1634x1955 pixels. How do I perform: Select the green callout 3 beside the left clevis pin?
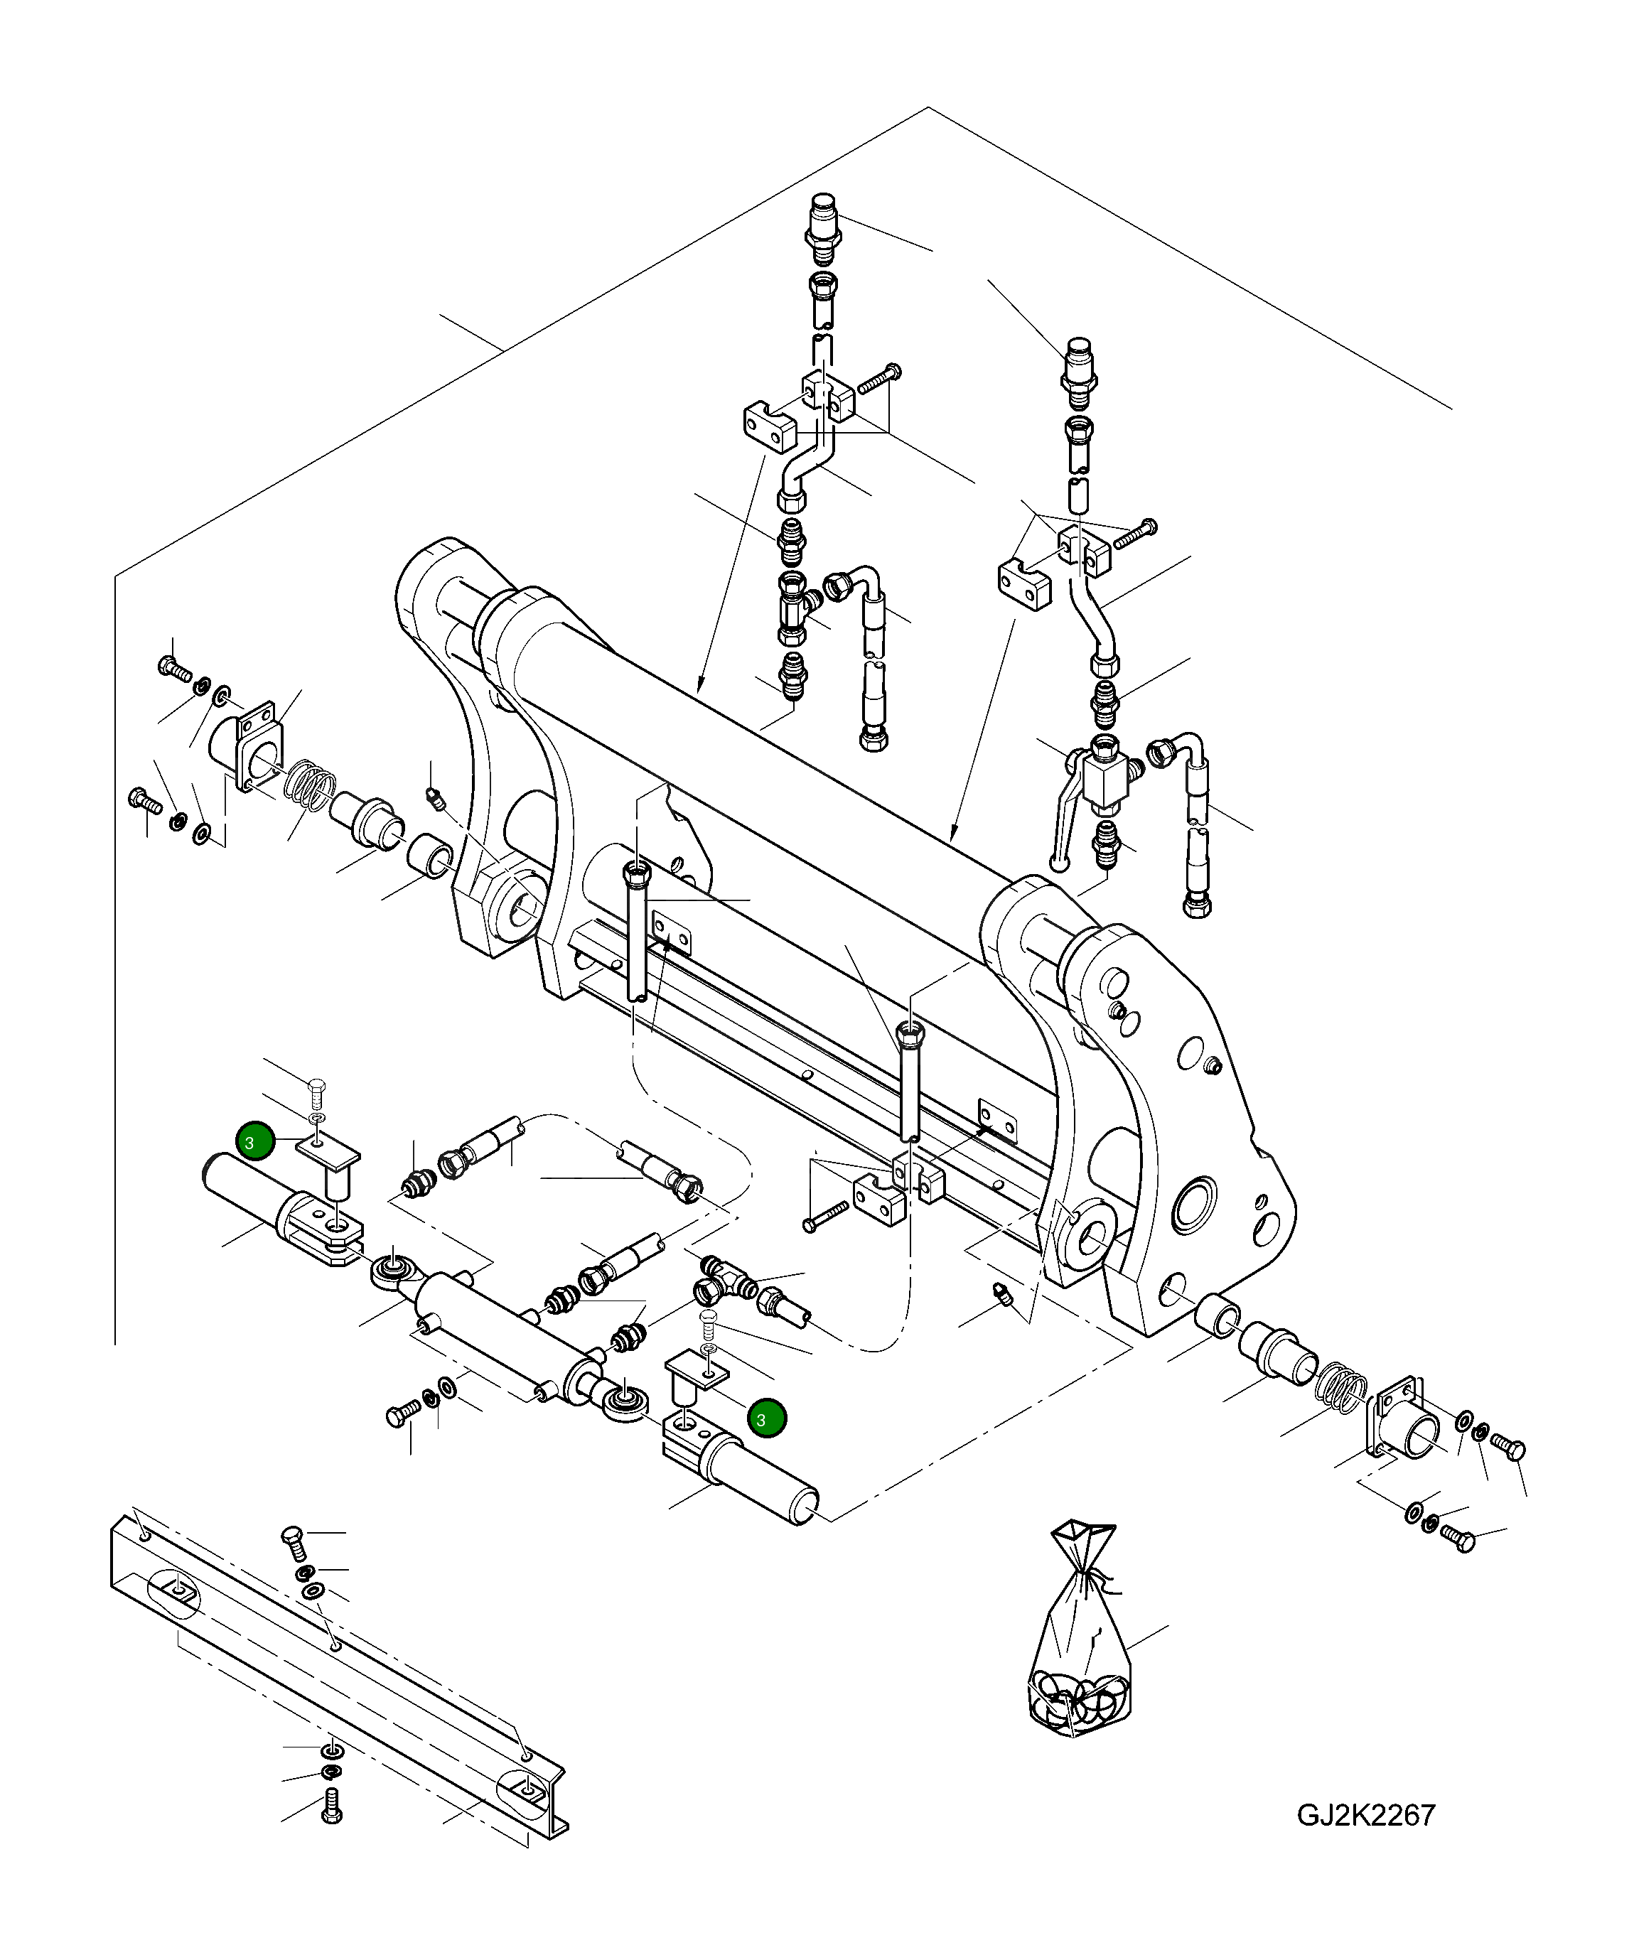point(255,1141)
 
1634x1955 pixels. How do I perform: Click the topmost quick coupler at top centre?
point(822,228)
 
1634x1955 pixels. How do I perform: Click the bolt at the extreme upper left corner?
point(175,667)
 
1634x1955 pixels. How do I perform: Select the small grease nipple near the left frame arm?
point(433,797)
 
